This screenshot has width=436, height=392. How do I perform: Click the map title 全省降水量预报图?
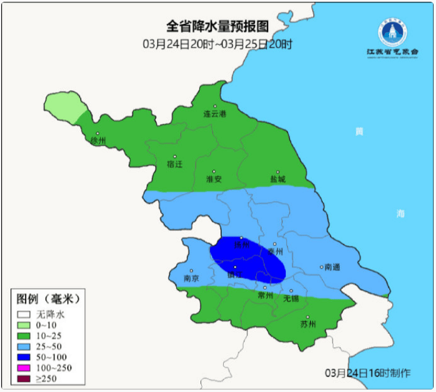point(217,26)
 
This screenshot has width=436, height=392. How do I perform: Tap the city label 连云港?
point(215,113)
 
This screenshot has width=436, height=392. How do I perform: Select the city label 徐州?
point(98,141)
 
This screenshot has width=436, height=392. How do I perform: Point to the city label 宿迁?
point(174,164)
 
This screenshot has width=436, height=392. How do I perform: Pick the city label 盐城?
point(278,179)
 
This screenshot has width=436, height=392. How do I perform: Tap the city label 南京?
point(191,278)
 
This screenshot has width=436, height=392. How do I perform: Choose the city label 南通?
point(333,267)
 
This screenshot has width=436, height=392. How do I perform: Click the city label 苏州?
point(308,324)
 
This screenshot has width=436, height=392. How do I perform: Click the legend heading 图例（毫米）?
point(47,297)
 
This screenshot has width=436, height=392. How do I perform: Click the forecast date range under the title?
point(217,44)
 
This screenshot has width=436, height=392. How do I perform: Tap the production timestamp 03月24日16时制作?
point(368,373)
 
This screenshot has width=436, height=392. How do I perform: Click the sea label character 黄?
point(358,132)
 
